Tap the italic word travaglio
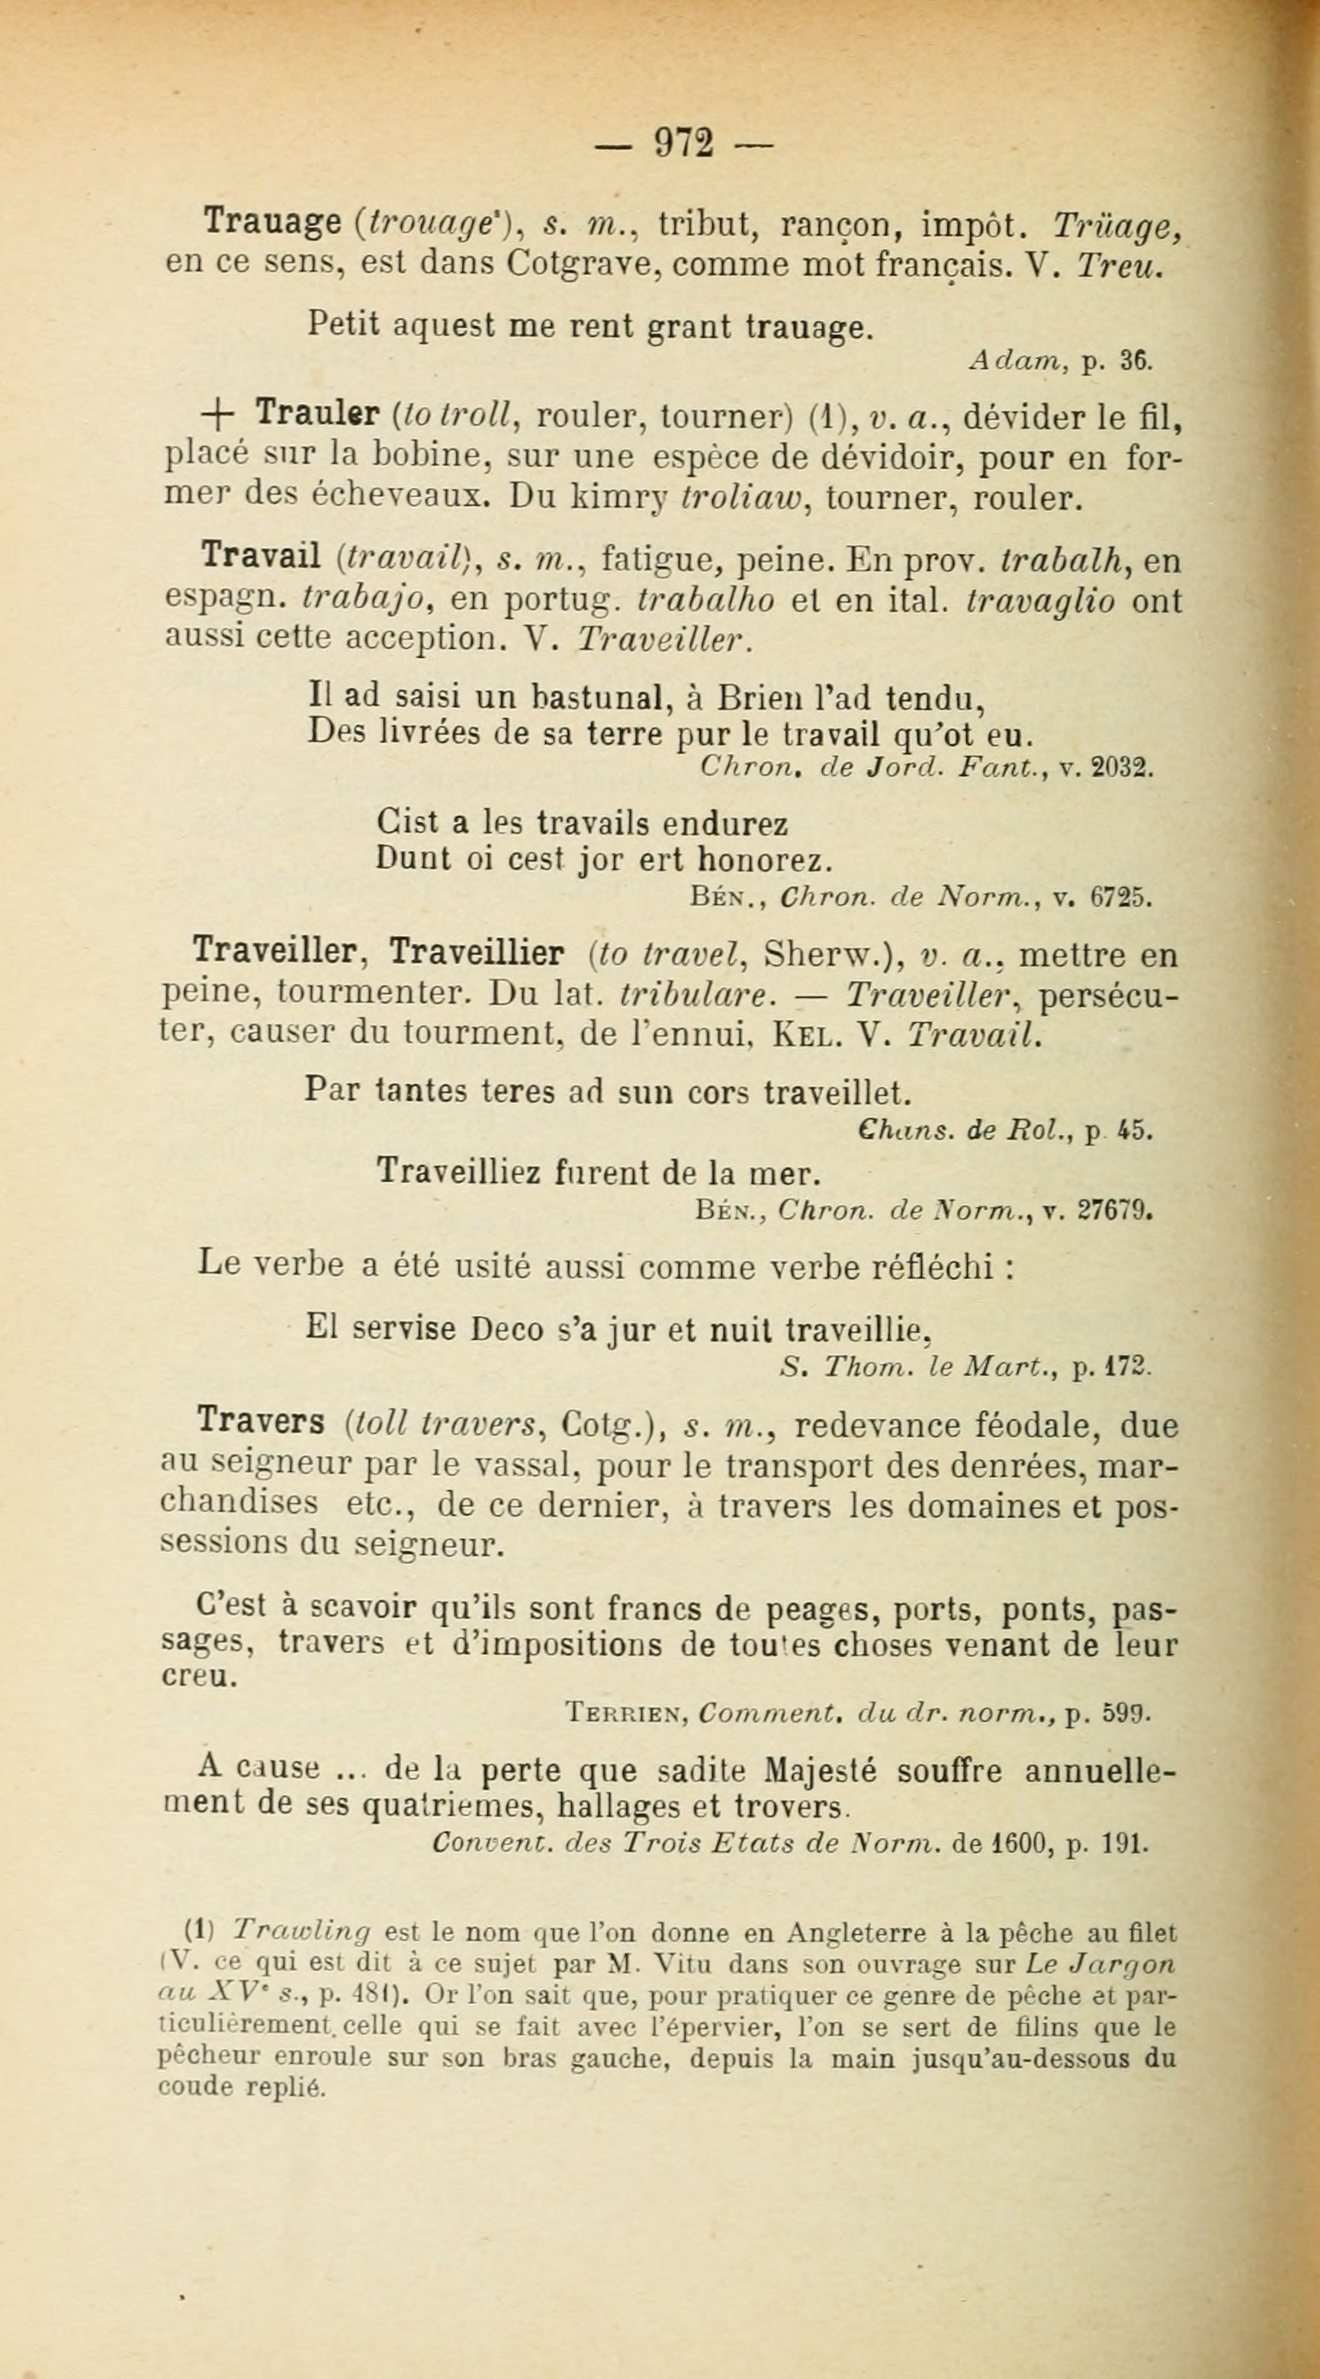click(x=1039, y=601)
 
